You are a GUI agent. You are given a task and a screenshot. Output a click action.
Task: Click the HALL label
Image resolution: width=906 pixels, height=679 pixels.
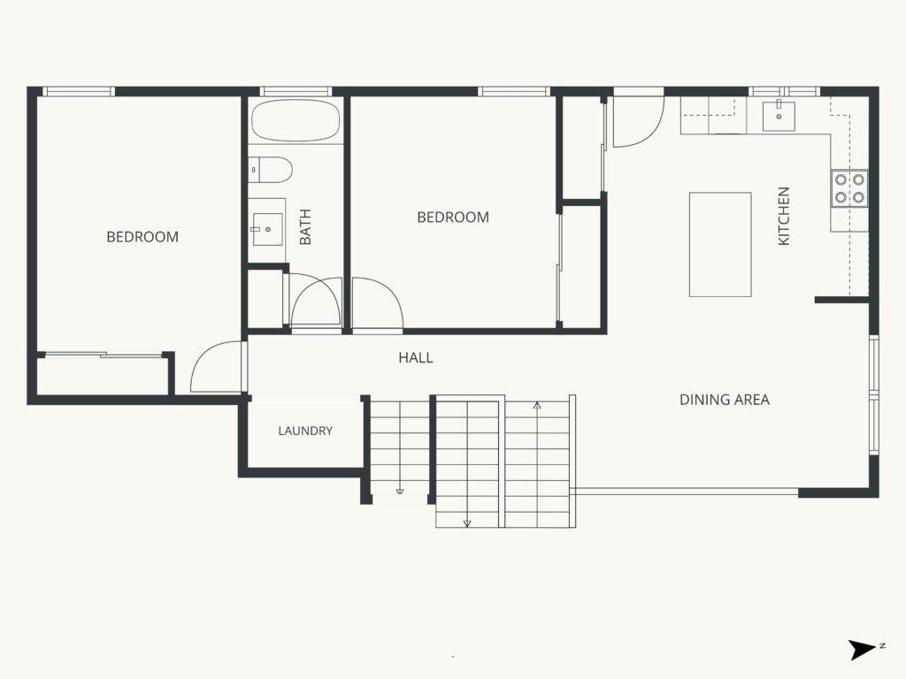416,357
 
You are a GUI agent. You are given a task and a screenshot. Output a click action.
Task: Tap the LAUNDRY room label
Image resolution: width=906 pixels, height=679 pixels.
305,431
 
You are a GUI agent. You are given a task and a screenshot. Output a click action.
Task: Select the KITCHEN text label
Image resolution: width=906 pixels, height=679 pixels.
784,216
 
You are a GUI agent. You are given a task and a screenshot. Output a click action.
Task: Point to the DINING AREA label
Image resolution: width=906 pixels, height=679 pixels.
724,400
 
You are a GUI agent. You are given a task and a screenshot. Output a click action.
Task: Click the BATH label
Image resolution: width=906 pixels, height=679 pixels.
305,227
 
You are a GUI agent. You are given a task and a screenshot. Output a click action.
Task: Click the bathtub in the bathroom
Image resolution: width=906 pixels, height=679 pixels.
296,120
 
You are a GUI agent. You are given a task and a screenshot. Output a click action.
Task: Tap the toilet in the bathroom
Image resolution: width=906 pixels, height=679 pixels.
271,170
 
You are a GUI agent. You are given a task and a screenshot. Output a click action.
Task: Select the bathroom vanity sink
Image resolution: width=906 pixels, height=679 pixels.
267,229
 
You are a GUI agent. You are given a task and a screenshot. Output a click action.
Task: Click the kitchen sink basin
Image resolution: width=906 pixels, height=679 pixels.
779,117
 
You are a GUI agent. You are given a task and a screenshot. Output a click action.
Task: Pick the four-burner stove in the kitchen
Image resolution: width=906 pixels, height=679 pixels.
849,188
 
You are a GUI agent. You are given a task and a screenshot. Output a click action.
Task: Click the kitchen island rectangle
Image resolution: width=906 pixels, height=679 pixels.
720,244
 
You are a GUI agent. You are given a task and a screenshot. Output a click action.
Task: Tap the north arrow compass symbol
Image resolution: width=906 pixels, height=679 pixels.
864,650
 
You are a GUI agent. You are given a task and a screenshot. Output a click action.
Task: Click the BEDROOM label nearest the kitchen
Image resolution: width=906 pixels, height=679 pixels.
453,217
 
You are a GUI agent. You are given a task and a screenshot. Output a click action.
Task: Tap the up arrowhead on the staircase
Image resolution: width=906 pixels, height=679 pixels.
537,405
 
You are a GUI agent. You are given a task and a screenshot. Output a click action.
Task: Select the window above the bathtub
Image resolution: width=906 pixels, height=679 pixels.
296,91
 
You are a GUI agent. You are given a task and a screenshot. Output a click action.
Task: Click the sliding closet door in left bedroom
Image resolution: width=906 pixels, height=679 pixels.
103,355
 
